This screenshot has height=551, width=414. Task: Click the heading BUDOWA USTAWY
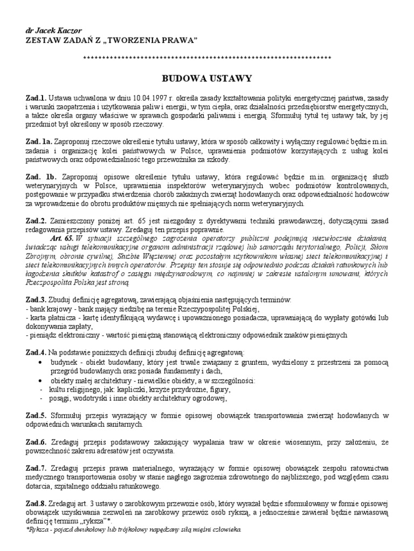coord(208,79)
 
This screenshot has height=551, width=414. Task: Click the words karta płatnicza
coord(50,317)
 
